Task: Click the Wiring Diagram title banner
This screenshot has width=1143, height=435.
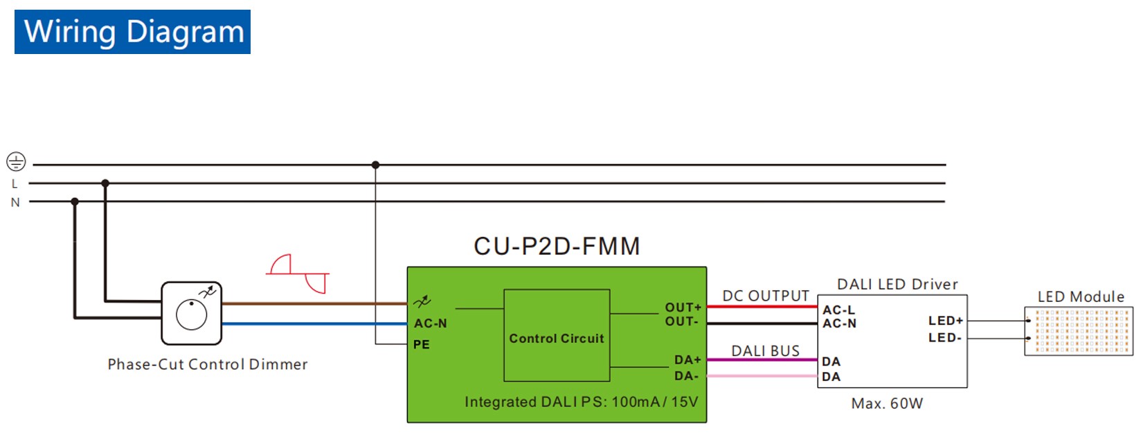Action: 132,32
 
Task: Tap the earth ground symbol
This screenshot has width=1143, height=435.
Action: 16,162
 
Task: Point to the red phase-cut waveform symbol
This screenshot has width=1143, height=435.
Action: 298,274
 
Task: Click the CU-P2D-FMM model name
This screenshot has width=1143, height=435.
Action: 557,247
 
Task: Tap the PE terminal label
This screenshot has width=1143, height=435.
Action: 422,344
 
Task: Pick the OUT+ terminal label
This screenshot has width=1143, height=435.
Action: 683,307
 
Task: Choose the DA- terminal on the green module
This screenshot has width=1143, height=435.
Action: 686,376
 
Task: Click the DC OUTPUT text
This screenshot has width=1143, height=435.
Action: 765,296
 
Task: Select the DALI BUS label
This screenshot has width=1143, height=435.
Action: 765,351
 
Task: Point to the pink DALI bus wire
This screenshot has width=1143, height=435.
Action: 762,376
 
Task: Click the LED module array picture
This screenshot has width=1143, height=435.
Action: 1078,331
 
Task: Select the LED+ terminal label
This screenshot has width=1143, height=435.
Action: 945,321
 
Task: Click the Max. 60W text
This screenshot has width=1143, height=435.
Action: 887,404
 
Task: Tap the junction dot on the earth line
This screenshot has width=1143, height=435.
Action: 375,165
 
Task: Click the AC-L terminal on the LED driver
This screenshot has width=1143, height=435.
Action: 838,310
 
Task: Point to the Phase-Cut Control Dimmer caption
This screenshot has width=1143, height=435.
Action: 207,364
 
